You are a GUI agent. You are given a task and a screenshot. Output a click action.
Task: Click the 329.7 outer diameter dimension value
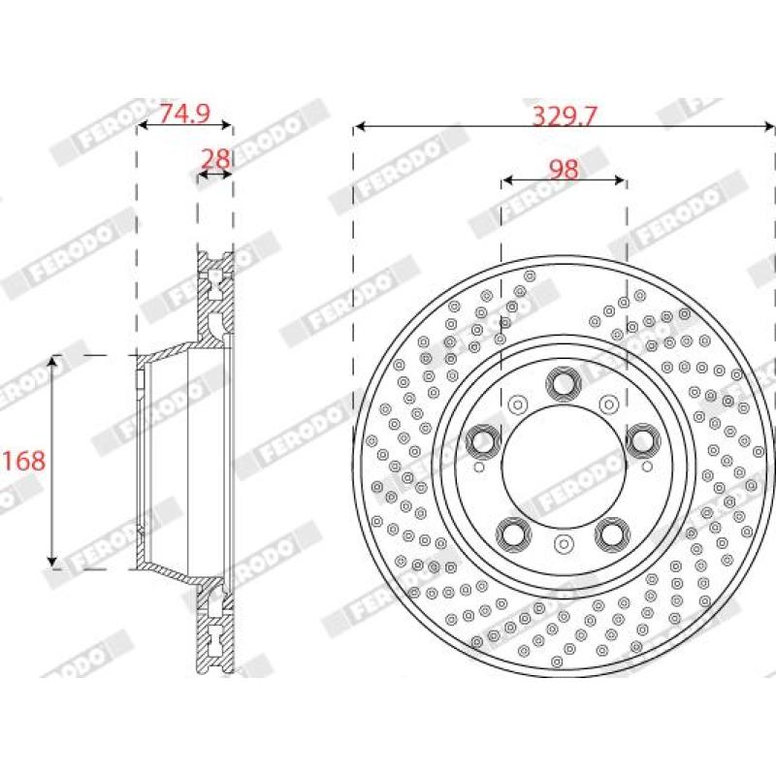[x=564, y=115]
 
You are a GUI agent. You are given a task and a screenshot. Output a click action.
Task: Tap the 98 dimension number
[x=564, y=169]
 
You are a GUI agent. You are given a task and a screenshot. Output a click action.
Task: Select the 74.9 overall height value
[x=184, y=113]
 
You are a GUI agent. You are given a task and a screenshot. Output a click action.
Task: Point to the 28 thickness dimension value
[x=215, y=157]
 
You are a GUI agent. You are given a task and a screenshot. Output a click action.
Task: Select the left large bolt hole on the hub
[x=482, y=442]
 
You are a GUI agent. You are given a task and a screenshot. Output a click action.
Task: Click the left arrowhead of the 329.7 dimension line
[x=359, y=126]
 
